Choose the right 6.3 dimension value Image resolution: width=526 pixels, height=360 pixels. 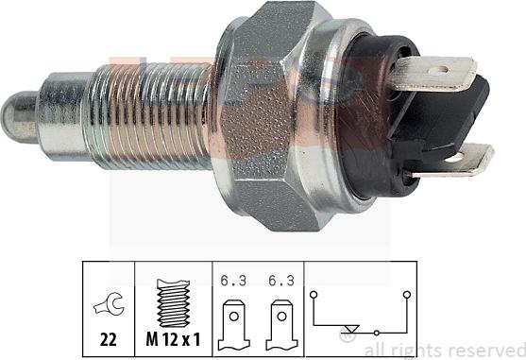tap(280, 280)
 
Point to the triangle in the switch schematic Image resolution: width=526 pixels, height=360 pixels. tap(351, 330)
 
